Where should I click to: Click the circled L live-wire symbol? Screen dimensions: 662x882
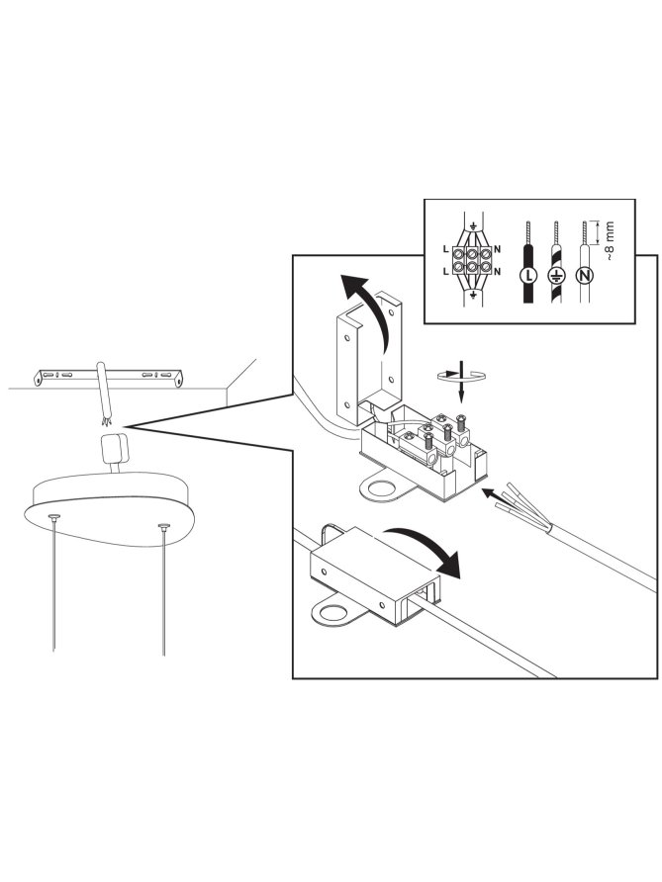[x=527, y=275]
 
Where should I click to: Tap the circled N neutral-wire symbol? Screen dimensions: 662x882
[x=585, y=275]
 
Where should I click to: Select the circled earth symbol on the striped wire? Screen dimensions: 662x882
[x=555, y=275]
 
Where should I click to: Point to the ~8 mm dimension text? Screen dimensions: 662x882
[x=610, y=240]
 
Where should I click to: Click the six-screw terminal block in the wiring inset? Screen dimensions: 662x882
[x=472, y=259]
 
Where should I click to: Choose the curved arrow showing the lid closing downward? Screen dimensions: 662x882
[x=426, y=549]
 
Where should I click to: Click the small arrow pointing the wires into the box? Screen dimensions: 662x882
[x=494, y=496]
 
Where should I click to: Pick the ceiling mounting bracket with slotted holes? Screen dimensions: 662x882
[x=109, y=377]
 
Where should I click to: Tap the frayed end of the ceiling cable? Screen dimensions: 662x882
[x=105, y=419]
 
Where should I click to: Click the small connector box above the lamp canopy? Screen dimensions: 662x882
[x=114, y=449]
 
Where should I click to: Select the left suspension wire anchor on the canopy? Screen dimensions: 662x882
[x=54, y=516]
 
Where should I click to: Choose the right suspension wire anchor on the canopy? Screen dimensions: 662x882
[x=164, y=526]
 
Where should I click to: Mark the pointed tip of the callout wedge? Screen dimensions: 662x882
[x=129, y=427]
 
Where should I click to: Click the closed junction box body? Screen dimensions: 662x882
[x=376, y=573]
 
